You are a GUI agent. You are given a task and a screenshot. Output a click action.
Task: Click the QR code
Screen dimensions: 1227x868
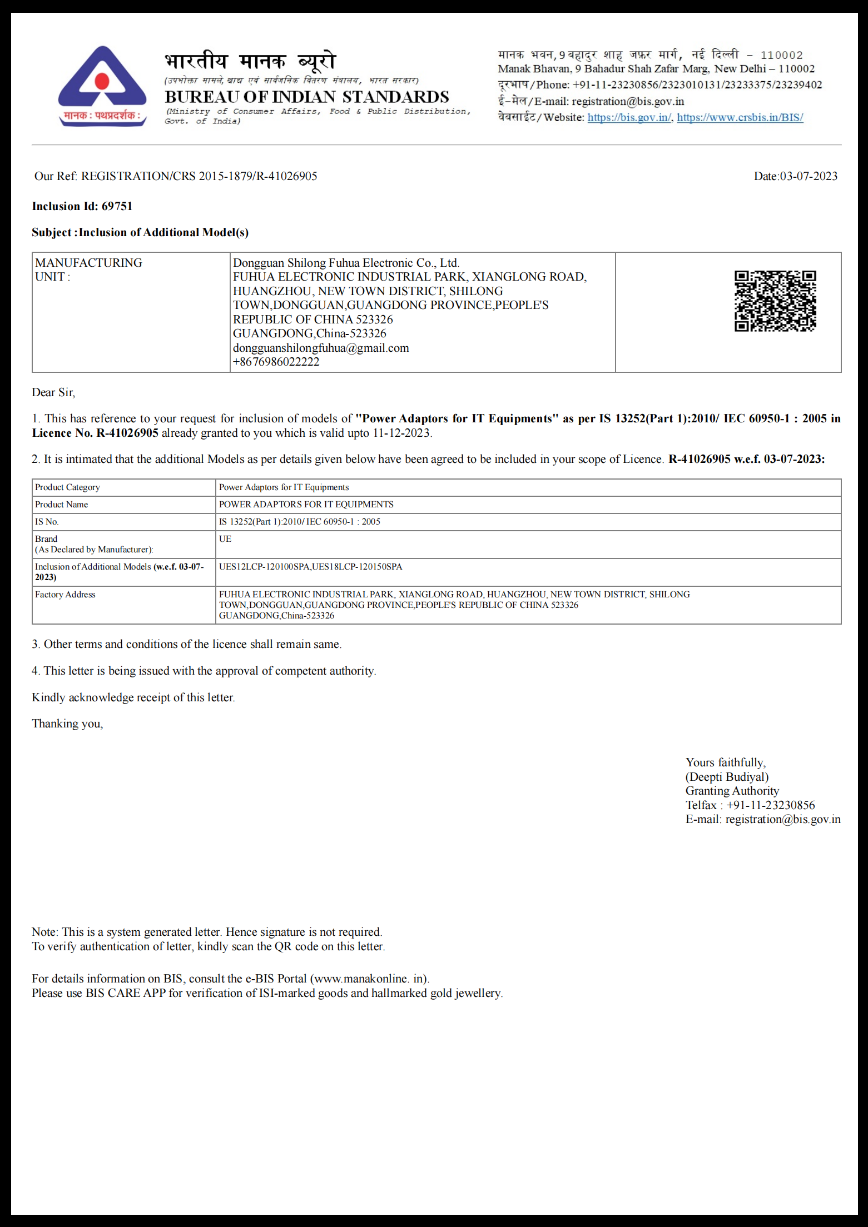(x=775, y=301)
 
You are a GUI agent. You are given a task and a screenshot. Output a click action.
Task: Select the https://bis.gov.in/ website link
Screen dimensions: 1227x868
(x=629, y=117)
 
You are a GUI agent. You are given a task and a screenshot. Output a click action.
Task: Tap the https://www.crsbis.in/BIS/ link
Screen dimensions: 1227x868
(x=740, y=117)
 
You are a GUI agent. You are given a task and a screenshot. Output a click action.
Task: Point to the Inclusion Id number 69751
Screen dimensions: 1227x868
(x=117, y=206)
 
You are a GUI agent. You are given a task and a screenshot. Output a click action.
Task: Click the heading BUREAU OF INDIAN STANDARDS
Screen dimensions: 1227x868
(x=306, y=97)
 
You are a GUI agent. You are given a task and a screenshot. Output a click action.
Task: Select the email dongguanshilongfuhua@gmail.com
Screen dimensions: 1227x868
(x=321, y=348)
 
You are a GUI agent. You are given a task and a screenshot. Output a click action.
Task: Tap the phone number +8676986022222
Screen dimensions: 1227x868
(x=276, y=362)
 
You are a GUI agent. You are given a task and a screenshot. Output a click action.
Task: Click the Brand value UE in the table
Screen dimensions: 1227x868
(x=225, y=538)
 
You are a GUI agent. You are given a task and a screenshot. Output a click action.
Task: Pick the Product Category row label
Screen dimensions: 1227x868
(x=67, y=487)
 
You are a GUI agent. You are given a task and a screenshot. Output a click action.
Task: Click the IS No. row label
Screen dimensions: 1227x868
(x=47, y=522)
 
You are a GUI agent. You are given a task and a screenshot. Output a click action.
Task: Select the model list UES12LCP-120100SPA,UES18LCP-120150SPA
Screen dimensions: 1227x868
(x=310, y=567)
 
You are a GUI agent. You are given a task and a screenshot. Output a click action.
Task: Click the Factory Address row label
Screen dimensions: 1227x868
(x=65, y=595)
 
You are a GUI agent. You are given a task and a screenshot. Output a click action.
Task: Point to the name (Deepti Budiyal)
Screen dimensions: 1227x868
(x=727, y=777)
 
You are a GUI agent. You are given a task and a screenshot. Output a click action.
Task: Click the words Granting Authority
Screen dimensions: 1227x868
(x=732, y=791)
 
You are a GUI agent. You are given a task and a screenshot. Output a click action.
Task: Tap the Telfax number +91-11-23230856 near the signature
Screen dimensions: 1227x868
(x=770, y=805)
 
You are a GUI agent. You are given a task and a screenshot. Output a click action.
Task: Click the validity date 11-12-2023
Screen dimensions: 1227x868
(x=401, y=433)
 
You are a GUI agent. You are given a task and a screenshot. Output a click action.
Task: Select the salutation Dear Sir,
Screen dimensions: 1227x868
(x=53, y=392)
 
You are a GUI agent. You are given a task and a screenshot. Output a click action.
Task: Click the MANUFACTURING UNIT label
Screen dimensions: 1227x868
(x=88, y=270)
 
